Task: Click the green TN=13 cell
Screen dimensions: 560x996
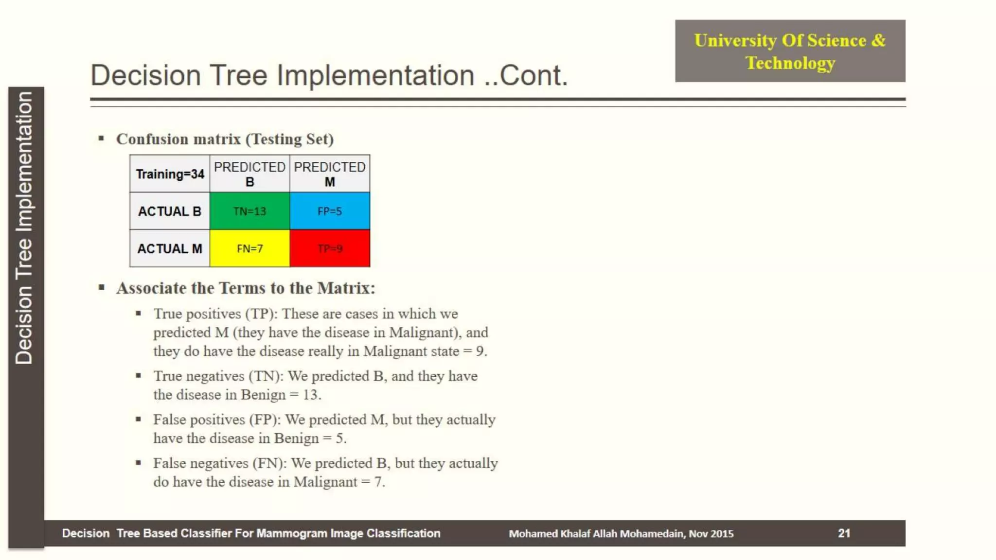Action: [x=249, y=211]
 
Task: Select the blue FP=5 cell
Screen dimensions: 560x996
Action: [x=329, y=211]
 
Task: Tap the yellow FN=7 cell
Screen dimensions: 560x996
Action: [x=249, y=248]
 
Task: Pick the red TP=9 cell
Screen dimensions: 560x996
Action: [x=329, y=248]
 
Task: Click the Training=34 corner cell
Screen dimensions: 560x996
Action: [x=170, y=174]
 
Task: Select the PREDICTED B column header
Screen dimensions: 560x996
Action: [x=249, y=174]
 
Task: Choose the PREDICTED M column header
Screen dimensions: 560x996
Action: [x=329, y=174]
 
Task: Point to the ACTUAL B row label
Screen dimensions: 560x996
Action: [x=170, y=211]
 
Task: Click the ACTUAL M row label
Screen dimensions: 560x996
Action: [x=170, y=248]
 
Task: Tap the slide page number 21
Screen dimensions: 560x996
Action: [x=844, y=533]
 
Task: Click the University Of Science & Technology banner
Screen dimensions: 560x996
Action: [x=790, y=51]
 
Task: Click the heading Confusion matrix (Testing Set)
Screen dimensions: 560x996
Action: [x=225, y=139]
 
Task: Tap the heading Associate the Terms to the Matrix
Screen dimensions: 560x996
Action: [x=246, y=288]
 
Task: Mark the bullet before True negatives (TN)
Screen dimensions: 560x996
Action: [x=139, y=376]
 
